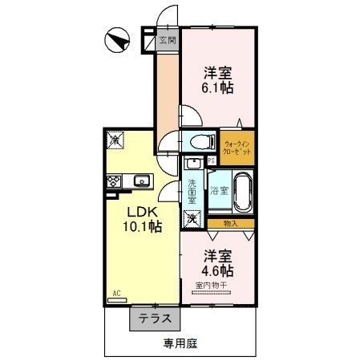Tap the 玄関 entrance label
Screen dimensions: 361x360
tap(167, 39)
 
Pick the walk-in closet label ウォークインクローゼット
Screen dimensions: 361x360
tap(238, 147)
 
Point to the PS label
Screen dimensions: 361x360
tap(211, 160)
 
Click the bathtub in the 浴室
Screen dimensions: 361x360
tap(242, 190)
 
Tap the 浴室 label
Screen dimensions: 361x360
tap(219, 191)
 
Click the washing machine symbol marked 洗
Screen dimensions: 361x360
tap(192, 217)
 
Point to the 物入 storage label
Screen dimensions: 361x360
tap(230, 223)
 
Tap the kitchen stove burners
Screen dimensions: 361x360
tap(113, 181)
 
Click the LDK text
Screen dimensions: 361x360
tap(145, 212)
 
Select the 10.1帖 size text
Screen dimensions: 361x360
tap(145, 227)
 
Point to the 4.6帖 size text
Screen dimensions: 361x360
tap(217, 270)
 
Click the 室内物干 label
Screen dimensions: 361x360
tap(210, 285)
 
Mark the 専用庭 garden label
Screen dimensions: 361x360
tap(180, 343)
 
